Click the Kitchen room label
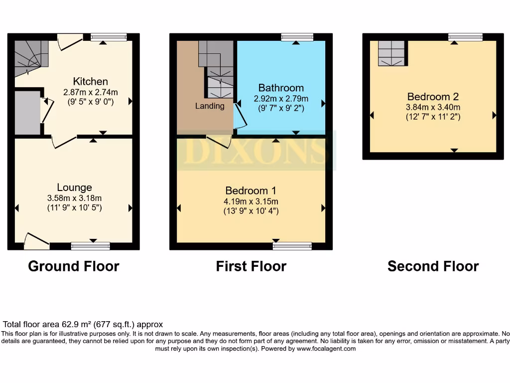tap(90, 81)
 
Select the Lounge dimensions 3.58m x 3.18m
tap(74, 198)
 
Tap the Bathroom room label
tap(281, 88)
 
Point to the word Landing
tap(209, 106)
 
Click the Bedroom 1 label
tap(251, 191)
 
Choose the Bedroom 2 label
tap(433, 97)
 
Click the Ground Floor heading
tap(74, 266)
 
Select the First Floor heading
tap(251, 266)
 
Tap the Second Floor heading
tap(433, 266)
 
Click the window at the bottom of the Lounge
tap(90, 245)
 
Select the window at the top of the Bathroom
tap(297, 37)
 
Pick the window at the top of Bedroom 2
tap(465, 37)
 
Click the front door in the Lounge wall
tap(36, 242)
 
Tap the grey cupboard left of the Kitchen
tap(27, 113)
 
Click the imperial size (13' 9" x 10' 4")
tap(251, 211)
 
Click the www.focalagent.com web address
tap(326, 349)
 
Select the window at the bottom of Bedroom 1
tap(292, 245)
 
